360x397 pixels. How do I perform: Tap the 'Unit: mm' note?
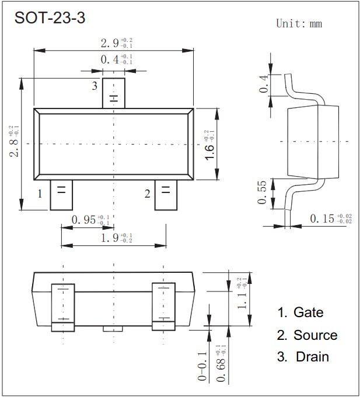click(298, 24)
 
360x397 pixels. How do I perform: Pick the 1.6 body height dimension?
click(209, 144)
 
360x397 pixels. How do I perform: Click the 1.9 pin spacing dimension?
click(116, 238)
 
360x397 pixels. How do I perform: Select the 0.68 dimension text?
click(220, 364)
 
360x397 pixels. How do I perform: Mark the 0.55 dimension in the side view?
click(262, 193)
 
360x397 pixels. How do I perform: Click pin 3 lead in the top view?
click(113, 93)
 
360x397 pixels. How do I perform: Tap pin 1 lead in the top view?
click(61, 195)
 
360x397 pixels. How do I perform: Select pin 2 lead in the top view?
click(166, 195)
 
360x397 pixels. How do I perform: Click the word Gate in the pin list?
click(308, 312)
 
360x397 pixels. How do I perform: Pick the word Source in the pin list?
click(315, 335)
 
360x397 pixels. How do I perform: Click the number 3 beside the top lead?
click(94, 86)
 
